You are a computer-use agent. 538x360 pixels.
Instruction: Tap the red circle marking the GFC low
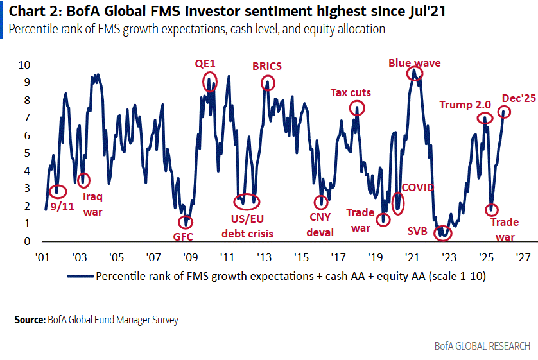(186, 221)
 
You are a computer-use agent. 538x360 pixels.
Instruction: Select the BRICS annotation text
(267, 66)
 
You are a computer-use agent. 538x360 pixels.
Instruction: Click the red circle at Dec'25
(505, 111)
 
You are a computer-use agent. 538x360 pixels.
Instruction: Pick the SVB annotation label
(420, 230)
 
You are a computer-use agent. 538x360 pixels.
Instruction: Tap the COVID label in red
(417, 187)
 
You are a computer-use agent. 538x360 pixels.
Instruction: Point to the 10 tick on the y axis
(24, 65)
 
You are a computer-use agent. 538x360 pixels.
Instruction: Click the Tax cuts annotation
(351, 92)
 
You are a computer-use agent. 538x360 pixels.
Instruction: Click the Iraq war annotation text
(92, 203)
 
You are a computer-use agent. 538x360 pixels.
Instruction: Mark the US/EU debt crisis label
(247, 227)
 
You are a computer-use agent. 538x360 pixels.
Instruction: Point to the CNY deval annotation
(320, 223)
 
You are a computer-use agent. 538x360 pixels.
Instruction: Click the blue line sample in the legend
(80, 277)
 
